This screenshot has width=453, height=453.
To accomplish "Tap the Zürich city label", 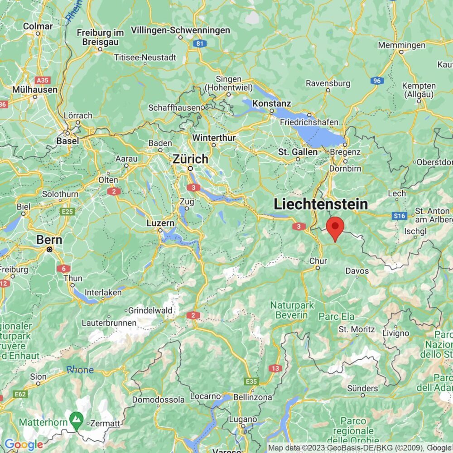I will tap(190, 159).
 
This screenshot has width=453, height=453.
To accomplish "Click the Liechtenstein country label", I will tap(320, 204).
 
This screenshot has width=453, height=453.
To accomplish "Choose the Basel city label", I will tap(67, 140).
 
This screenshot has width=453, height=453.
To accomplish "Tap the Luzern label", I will tap(160, 223).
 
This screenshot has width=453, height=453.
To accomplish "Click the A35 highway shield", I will tap(43, 80).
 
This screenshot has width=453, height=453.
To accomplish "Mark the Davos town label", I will tap(357, 271).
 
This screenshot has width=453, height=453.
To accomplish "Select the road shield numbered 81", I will tap(199, 43).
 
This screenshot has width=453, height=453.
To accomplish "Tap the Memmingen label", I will tap(401, 45).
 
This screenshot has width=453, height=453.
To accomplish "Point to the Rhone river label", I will tap(80, 370).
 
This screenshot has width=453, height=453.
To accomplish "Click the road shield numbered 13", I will tap(275, 368).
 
